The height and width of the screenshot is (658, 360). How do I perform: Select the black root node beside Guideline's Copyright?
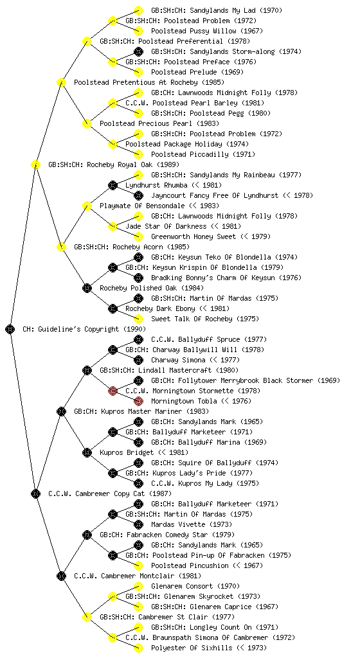10,329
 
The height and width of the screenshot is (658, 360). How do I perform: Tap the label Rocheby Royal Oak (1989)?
133,164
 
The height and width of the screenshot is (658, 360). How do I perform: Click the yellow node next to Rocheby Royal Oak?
35,164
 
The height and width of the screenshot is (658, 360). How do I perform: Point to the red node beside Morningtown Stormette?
113,391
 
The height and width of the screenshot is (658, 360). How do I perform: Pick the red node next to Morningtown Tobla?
138,401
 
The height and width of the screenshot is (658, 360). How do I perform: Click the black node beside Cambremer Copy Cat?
35,493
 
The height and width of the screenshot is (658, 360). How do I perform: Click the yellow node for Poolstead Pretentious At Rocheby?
61,82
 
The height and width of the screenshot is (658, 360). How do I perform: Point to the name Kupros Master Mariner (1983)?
155,411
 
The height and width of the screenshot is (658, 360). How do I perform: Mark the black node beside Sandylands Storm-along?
138,51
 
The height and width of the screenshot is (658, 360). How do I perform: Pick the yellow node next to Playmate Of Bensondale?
87,206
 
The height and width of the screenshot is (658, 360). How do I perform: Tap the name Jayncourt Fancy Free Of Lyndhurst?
215,195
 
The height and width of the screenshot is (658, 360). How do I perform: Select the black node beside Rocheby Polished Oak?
87,288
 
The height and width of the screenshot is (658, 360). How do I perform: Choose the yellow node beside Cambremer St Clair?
87,617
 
